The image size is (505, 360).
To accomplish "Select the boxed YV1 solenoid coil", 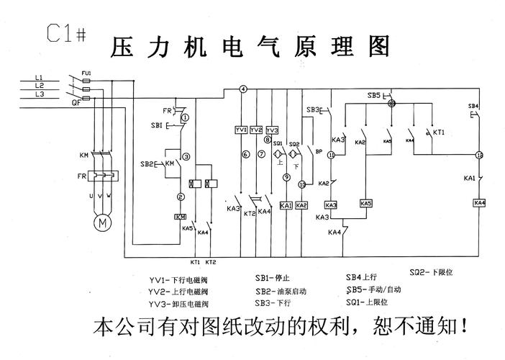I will (x=241, y=130).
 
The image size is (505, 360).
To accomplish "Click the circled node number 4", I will (x=243, y=89).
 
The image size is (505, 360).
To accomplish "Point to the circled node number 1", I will (x=185, y=116).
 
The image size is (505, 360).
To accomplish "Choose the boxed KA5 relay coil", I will (x=366, y=204).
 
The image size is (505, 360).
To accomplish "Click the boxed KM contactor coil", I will (x=181, y=216).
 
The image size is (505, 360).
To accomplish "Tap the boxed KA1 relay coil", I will (x=286, y=205).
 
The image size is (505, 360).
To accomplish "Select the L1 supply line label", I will (x=39, y=77).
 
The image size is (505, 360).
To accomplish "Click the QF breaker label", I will (x=75, y=103).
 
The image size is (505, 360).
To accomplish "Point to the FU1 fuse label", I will (x=86, y=73).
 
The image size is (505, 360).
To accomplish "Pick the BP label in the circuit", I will (x=319, y=151).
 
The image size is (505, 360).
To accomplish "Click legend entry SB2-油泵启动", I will (x=281, y=292).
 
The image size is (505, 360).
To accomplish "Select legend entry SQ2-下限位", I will (x=431, y=273).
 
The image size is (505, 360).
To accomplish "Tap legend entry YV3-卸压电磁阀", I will (x=178, y=305).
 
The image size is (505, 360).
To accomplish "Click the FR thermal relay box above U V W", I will (x=100, y=176).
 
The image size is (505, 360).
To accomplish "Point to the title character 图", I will (x=377, y=46).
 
